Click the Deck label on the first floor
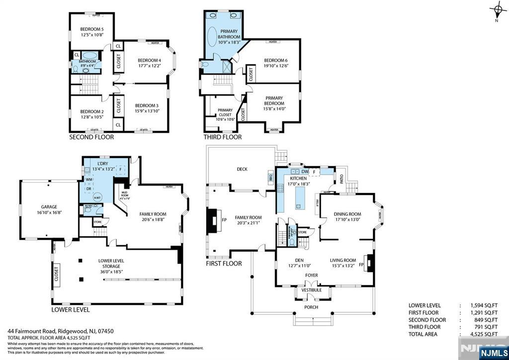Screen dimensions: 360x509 242,169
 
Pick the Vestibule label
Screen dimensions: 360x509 312,290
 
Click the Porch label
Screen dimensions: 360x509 311,307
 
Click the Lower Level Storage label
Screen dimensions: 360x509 111,263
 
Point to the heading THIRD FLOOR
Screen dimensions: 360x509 223,137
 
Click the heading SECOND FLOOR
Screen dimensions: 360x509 91,137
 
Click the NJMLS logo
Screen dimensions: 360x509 493,353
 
